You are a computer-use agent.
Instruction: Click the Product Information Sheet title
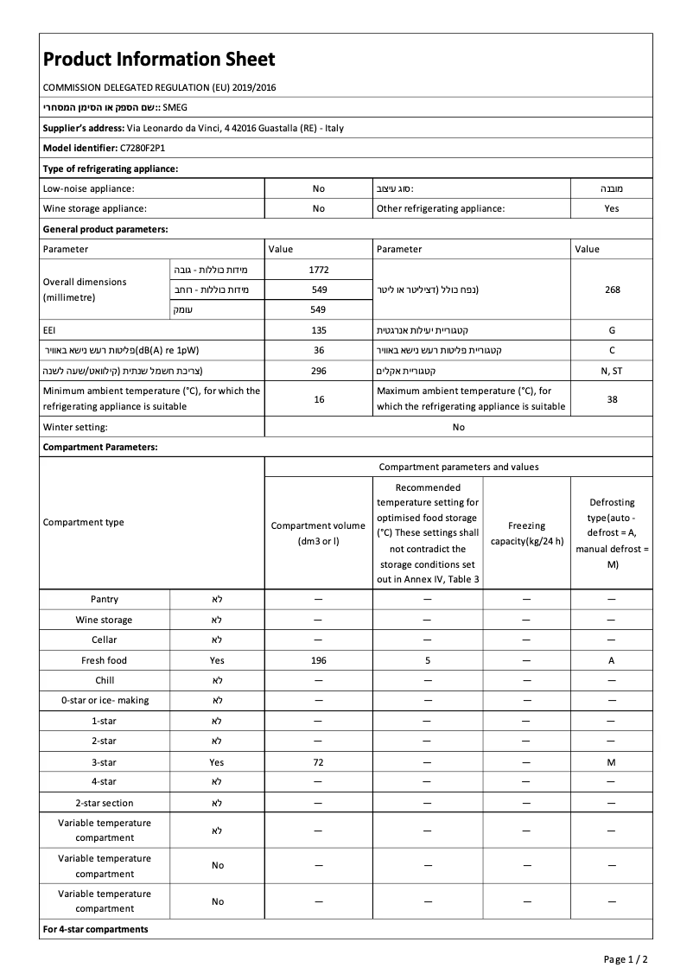(x=159, y=59)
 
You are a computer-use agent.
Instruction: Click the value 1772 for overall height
(x=319, y=270)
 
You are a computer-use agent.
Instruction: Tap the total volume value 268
(x=612, y=290)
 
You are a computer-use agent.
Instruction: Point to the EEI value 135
(x=319, y=330)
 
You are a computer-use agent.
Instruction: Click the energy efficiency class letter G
(x=612, y=330)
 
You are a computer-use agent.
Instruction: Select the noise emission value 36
(x=319, y=350)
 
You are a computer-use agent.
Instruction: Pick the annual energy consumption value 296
(x=319, y=371)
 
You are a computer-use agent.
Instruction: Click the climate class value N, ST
(x=612, y=371)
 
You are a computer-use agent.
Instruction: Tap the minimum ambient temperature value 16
(x=319, y=399)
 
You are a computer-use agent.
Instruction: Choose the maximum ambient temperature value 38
(x=612, y=399)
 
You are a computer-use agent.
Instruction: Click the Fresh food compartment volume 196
(x=319, y=660)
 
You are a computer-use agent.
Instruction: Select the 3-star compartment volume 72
(x=319, y=762)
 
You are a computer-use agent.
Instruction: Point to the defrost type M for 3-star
(x=612, y=762)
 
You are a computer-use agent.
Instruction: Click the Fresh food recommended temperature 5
(x=428, y=660)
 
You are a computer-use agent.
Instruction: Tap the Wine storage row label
(x=104, y=620)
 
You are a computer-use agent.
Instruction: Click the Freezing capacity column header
(x=526, y=533)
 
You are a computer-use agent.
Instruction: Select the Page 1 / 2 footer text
(x=625, y=959)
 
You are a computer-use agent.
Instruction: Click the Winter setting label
(x=75, y=427)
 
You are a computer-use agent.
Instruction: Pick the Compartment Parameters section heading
(x=100, y=448)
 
